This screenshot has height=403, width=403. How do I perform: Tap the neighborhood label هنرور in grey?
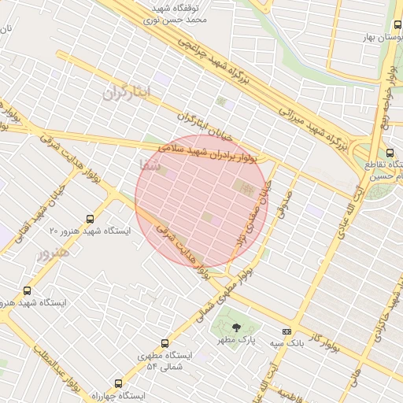coord(53,253)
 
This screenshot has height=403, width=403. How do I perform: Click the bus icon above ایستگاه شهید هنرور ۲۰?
coord(91,219)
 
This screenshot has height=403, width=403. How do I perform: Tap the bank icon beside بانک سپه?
coord(287,331)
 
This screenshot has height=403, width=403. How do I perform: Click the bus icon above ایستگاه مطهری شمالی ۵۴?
coord(165,343)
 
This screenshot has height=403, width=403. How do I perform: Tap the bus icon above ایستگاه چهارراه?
coord(118,383)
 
